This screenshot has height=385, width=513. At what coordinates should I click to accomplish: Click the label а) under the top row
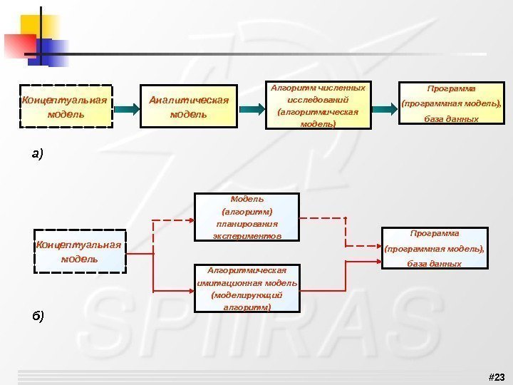37,153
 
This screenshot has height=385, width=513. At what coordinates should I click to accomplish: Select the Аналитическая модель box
189,107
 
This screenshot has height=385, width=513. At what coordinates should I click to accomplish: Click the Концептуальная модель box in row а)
65,107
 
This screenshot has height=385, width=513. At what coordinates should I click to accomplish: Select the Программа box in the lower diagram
435,248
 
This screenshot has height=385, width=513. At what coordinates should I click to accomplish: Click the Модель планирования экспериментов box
247,217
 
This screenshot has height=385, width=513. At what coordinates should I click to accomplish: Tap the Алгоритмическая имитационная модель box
247,289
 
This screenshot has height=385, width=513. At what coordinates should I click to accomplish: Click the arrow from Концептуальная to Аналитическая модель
126,108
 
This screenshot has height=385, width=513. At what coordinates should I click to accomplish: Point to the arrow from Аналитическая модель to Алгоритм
251,108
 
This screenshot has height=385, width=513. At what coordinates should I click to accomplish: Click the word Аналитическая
189,99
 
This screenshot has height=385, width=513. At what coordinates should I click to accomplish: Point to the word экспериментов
247,235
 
